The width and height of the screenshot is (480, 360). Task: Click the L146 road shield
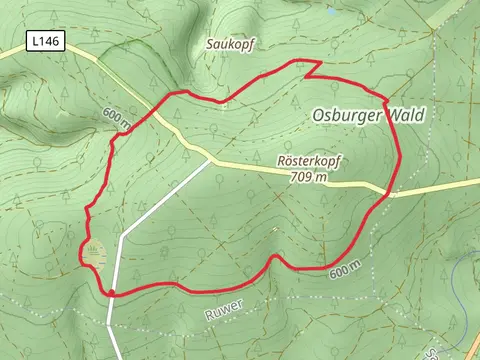click(x=43, y=42)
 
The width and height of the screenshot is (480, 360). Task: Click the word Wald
click(x=405, y=115)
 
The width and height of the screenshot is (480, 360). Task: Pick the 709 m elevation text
click(x=309, y=177)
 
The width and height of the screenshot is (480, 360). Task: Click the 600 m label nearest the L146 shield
click(x=116, y=117)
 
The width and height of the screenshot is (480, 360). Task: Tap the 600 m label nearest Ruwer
click(x=343, y=271)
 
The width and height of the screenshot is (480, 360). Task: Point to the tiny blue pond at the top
click(x=330, y=11)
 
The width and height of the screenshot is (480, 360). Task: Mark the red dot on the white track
click(x=111, y=293)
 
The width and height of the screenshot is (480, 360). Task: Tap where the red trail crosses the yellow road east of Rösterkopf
click(x=389, y=191)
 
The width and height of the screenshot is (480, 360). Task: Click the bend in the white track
click(x=123, y=238)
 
